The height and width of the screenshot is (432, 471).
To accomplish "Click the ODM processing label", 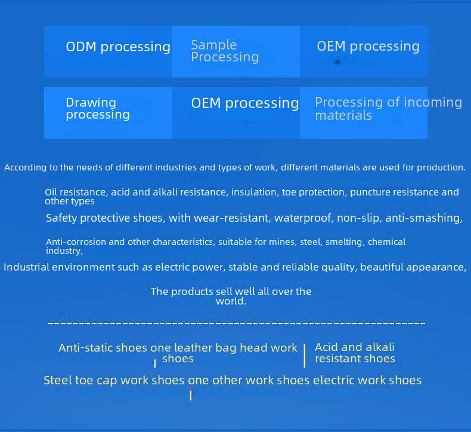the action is pos(118,47).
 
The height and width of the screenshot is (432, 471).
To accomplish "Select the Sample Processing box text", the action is pos(225,51).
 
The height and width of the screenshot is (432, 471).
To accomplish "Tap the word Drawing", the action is pos(91,103).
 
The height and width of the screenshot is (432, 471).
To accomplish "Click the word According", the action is pos(25,167).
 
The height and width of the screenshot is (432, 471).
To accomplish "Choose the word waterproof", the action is pos(304,218).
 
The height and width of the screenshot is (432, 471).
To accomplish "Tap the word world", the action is pos(231,301).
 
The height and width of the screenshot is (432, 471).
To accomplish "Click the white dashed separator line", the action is pos(237,323).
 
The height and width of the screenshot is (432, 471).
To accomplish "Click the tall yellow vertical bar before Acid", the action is pos(305,356).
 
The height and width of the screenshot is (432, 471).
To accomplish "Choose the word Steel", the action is pos(58,380).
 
